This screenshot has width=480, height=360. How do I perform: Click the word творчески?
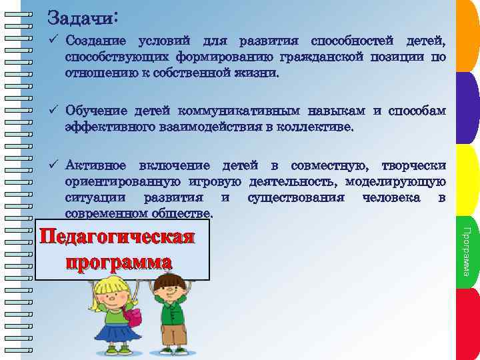(413, 166)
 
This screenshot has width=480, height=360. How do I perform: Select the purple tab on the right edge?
(468, 107)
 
